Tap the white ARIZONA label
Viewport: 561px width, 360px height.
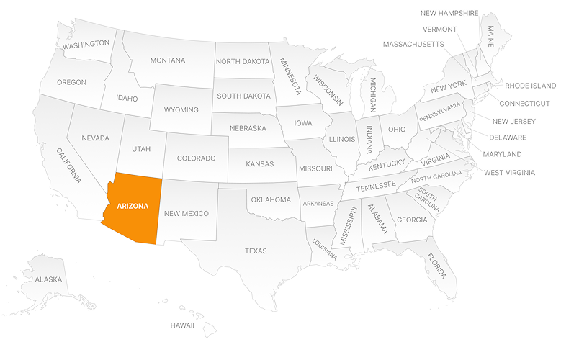coord(133,206)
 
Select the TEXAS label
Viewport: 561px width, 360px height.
coord(256,251)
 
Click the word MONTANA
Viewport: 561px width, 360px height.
coord(168,60)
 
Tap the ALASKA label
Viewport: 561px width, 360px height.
coord(49,279)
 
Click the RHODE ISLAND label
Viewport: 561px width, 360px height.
coord(531,86)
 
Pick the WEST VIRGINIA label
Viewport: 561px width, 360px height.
coord(509,173)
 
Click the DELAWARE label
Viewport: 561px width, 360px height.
coord(508,138)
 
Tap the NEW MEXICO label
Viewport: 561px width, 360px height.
coord(186,213)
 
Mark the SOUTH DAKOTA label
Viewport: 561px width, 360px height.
coord(244,96)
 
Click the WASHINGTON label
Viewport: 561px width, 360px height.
coord(86,44)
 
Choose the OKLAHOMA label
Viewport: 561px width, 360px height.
coord(271,199)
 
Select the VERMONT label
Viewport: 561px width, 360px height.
coord(440,29)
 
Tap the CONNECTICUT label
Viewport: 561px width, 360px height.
coord(524,103)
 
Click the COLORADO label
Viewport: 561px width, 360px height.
coord(197,158)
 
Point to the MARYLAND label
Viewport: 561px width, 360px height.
coord(503,155)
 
